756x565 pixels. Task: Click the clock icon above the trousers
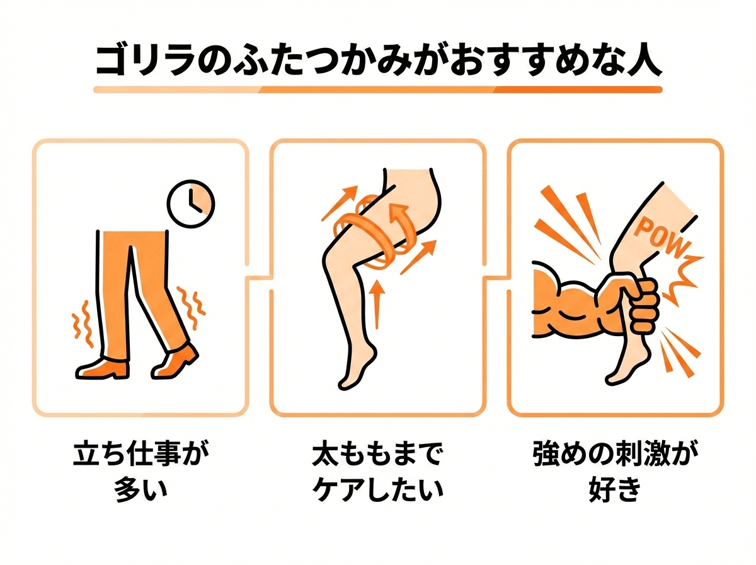click(x=191, y=204)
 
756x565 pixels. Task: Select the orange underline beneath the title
click(x=378, y=90)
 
